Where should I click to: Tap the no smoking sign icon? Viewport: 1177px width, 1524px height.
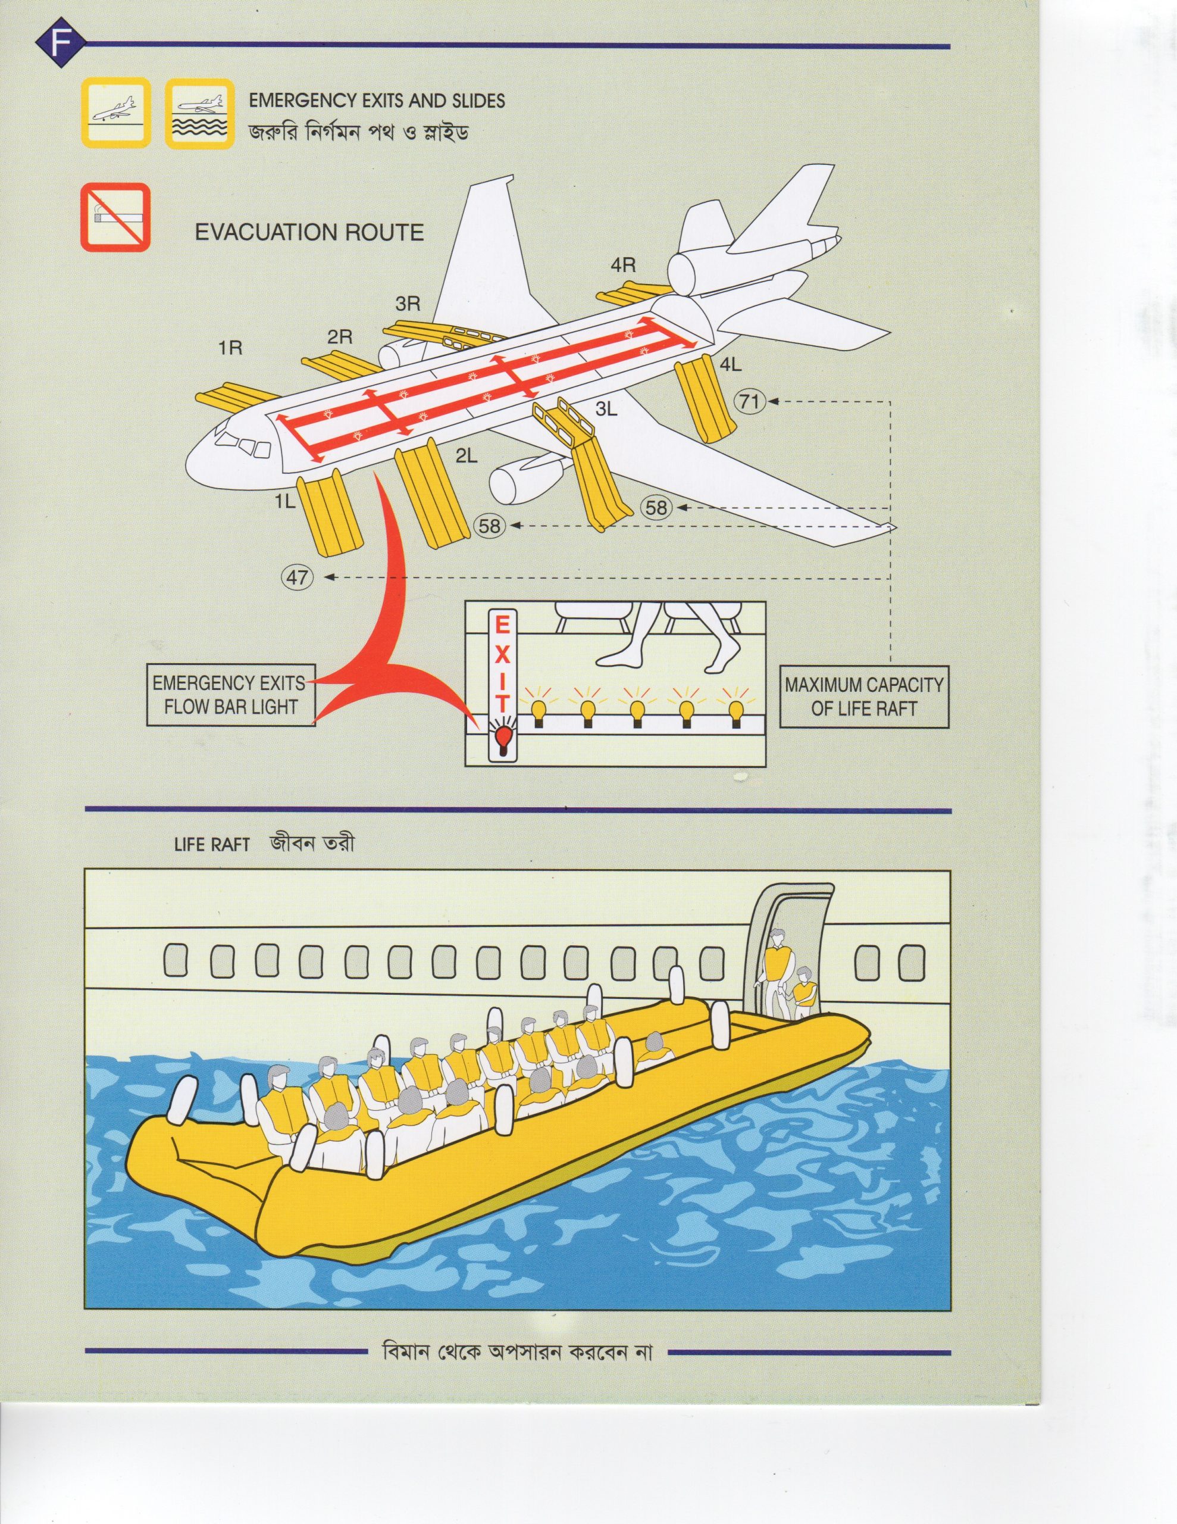[116, 217]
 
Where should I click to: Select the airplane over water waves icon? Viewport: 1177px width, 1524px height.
[199, 113]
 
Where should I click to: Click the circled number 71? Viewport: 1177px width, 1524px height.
[749, 401]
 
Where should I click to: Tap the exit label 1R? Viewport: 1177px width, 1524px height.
[230, 348]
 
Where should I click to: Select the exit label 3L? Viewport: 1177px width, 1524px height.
[606, 410]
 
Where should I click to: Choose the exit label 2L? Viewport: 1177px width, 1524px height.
[466, 457]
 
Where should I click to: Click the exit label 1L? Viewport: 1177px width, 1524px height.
[284, 501]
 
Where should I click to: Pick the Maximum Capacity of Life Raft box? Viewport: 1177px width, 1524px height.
[864, 697]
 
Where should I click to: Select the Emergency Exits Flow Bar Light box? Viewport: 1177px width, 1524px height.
[230, 695]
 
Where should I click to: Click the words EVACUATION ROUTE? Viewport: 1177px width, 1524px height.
[309, 232]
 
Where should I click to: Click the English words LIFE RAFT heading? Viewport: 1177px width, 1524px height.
[211, 844]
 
